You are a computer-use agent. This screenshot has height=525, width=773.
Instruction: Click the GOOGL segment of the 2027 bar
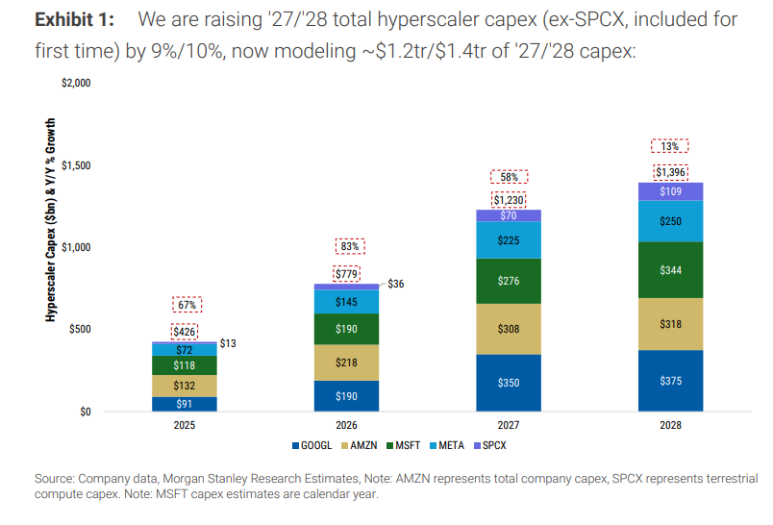point(509,383)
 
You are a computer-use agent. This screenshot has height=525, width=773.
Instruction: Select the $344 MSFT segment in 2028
point(670,270)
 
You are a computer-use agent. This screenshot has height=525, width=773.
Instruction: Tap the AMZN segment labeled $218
point(346,362)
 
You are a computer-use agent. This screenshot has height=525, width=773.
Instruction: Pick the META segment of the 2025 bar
point(185,350)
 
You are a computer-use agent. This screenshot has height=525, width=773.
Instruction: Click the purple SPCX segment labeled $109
point(670,191)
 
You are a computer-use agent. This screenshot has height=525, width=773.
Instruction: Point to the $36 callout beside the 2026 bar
point(396,284)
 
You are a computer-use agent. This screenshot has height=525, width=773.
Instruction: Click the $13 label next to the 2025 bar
point(228,343)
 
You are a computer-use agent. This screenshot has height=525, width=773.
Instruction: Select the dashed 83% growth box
point(350,246)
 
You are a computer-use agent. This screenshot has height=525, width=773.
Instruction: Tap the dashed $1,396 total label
point(670,172)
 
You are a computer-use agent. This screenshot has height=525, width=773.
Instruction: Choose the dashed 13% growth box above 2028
point(669,146)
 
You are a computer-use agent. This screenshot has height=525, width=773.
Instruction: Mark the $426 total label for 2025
point(185,332)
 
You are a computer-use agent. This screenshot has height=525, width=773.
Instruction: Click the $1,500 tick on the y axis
point(76,165)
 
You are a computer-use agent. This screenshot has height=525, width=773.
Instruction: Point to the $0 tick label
point(86,412)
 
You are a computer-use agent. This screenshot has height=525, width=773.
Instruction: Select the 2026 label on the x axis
point(346,425)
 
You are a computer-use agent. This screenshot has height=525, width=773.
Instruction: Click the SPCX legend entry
point(490,445)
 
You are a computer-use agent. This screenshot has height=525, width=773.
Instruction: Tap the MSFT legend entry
point(403,445)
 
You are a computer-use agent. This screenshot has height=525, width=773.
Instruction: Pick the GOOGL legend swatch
point(296,445)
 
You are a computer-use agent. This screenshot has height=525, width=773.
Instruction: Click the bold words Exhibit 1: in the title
point(74,20)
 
